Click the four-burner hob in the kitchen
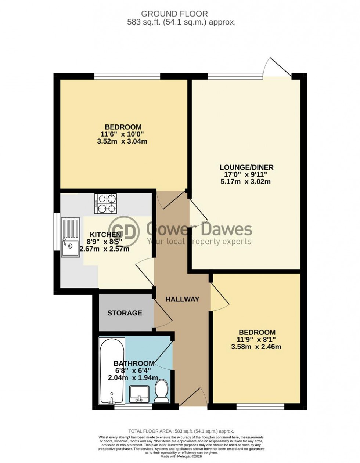(x=106, y=204)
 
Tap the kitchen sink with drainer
(x=70, y=237)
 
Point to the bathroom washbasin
(x=139, y=394)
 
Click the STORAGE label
(x=125, y=313)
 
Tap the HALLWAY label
(x=182, y=299)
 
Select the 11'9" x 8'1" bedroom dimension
(x=257, y=340)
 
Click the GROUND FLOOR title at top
(x=174, y=14)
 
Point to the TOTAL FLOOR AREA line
(x=181, y=431)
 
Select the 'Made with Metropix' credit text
(x=181, y=456)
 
